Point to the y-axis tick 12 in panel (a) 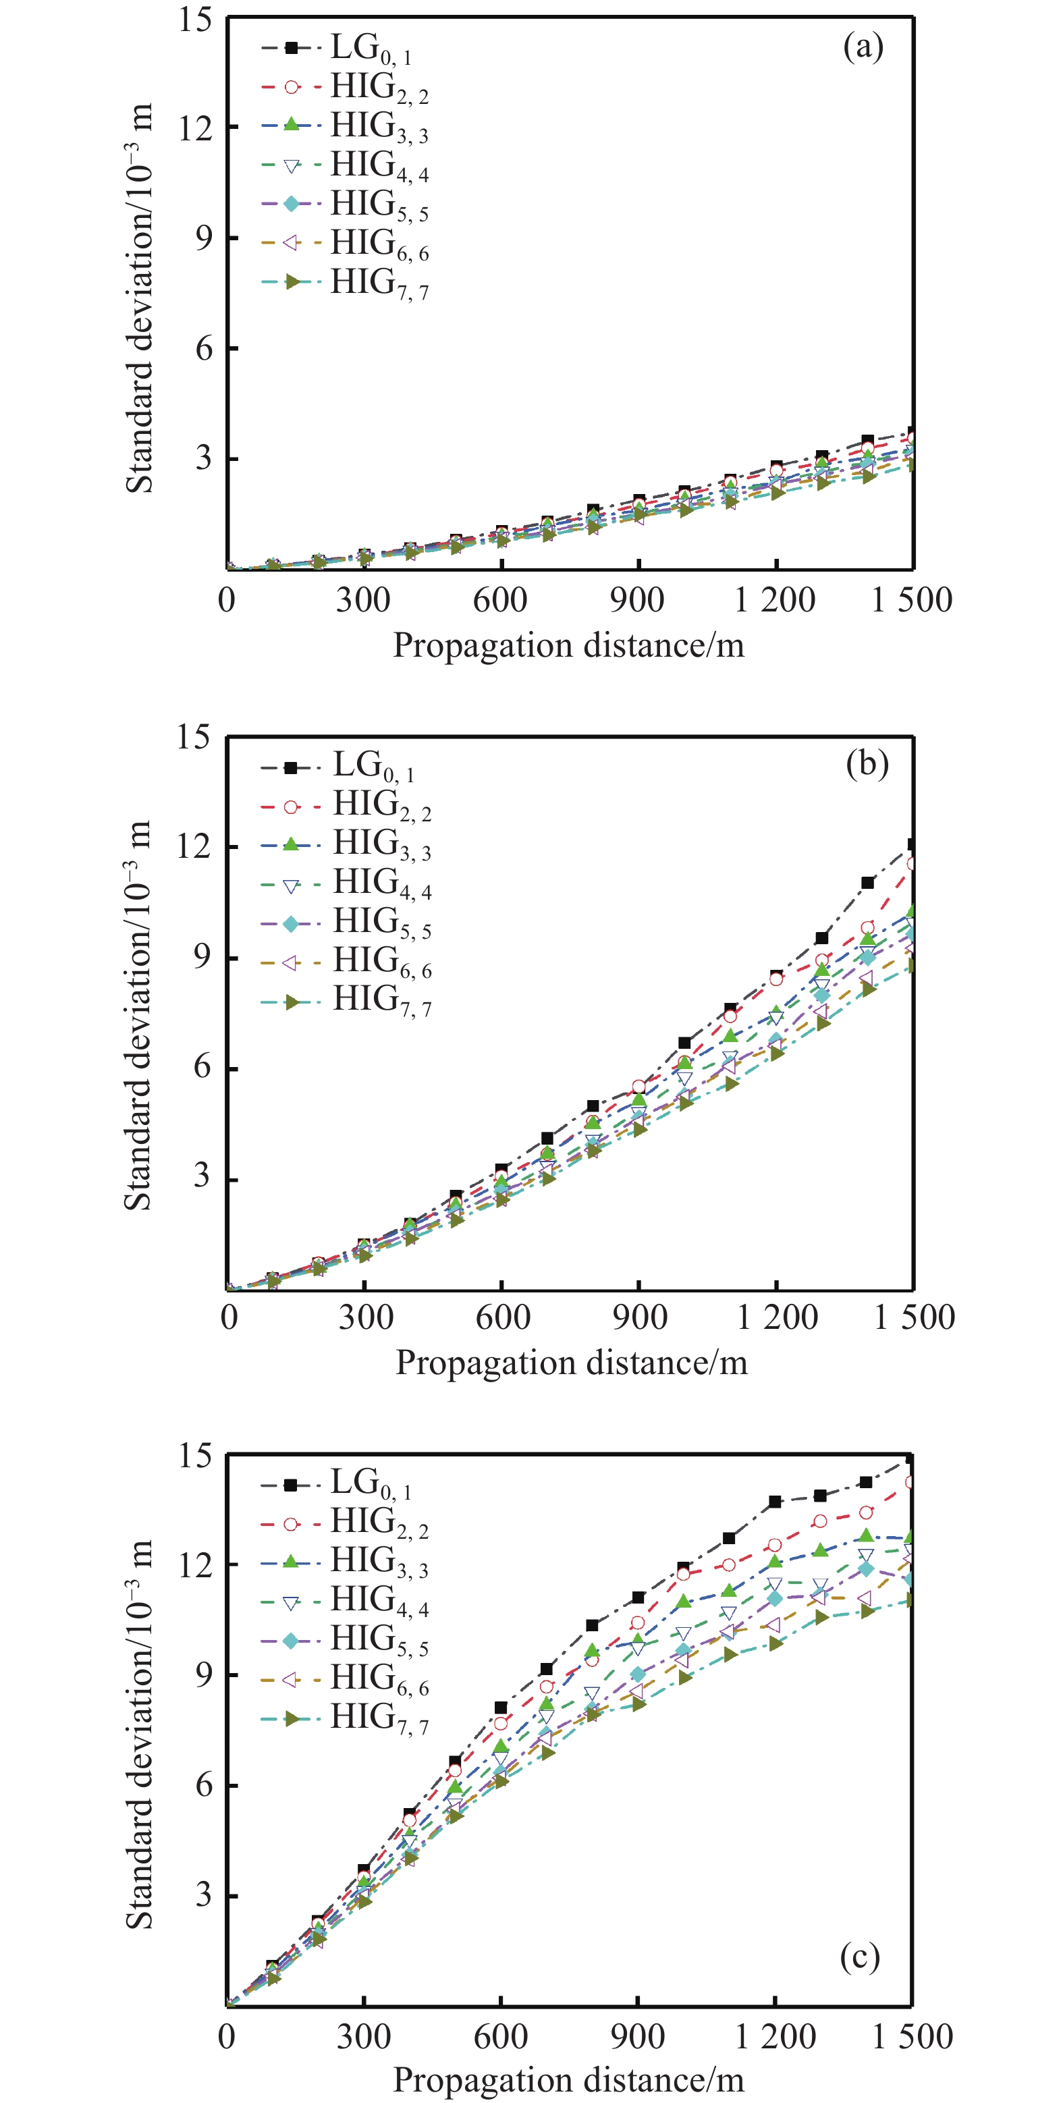tap(196, 128)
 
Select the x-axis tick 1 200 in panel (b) tap(778, 1317)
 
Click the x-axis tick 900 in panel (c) tap(637, 2037)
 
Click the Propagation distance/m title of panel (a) tap(568, 646)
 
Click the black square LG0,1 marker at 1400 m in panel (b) tap(867, 883)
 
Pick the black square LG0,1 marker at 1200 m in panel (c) tap(775, 1502)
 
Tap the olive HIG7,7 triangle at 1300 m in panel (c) tap(821, 1617)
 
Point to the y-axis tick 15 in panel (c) tap(196, 1456)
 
